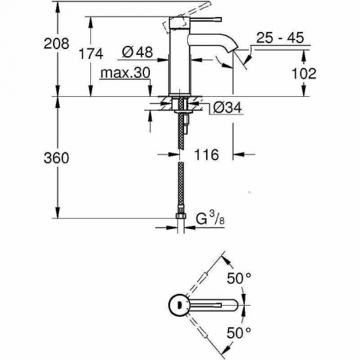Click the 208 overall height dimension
(19, 44)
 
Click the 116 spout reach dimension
(206, 154)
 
